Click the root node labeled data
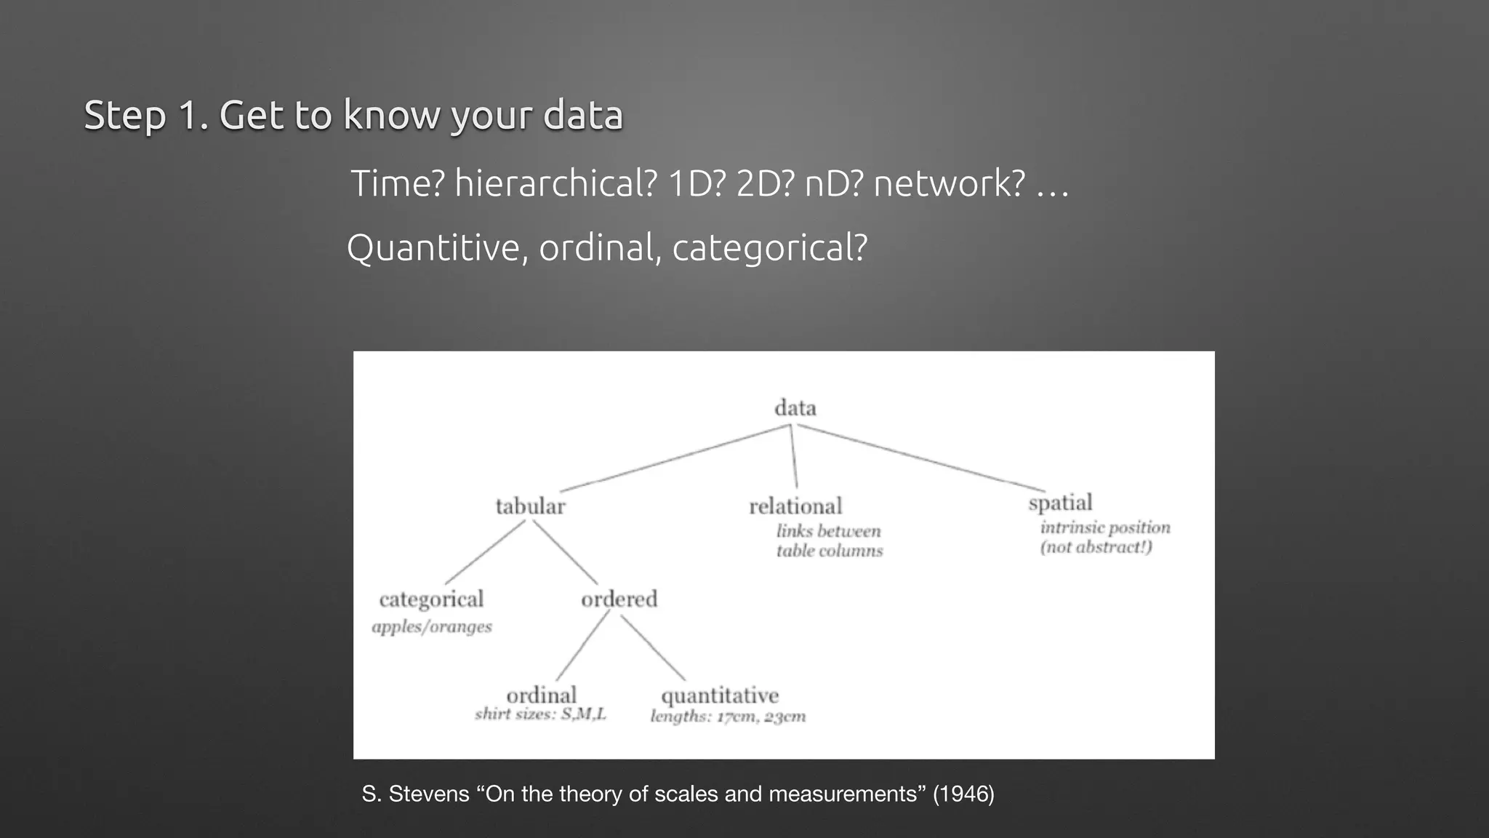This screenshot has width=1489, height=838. [795, 408]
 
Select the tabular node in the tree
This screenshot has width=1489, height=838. [530, 506]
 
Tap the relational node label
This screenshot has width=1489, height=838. [795, 506]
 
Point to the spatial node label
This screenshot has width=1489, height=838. [1060, 503]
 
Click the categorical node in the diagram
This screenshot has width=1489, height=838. [431, 599]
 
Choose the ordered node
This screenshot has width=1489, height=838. [619, 599]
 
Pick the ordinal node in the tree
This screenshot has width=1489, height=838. [541, 695]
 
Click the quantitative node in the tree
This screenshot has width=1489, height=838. [720, 695]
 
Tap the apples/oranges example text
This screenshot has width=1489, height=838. [432, 626]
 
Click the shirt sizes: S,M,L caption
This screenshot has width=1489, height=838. [540, 714]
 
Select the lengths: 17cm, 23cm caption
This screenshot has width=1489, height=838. [728, 717]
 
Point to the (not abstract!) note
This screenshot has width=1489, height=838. [1096, 547]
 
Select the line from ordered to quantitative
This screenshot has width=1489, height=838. [652, 647]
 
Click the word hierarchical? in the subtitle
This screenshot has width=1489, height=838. [555, 183]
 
